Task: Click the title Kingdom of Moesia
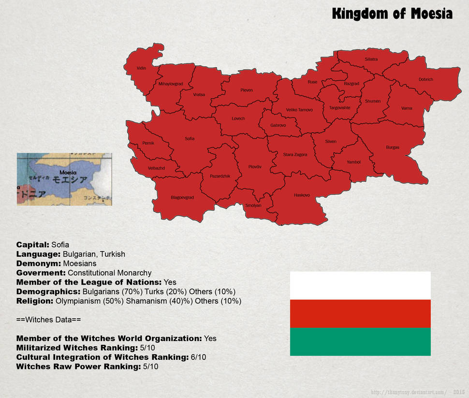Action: (x=392, y=14)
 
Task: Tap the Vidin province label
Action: (x=141, y=68)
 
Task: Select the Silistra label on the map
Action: (x=371, y=59)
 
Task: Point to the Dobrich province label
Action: (x=425, y=80)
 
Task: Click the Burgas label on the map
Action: (x=392, y=147)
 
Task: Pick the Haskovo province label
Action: (x=302, y=195)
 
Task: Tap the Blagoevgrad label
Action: (x=182, y=198)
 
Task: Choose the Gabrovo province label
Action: (x=278, y=125)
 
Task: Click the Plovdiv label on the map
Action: (x=255, y=167)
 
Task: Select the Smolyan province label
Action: (x=253, y=205)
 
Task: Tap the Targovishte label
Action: (x=339, y=108)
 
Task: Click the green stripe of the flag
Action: (x=360, y=341)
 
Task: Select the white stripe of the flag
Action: (x=360, y=285)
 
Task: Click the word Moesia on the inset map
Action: (x=68, y=172)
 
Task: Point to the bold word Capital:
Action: (x=32, y=245)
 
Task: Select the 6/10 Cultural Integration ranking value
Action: (x=198, y=357)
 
